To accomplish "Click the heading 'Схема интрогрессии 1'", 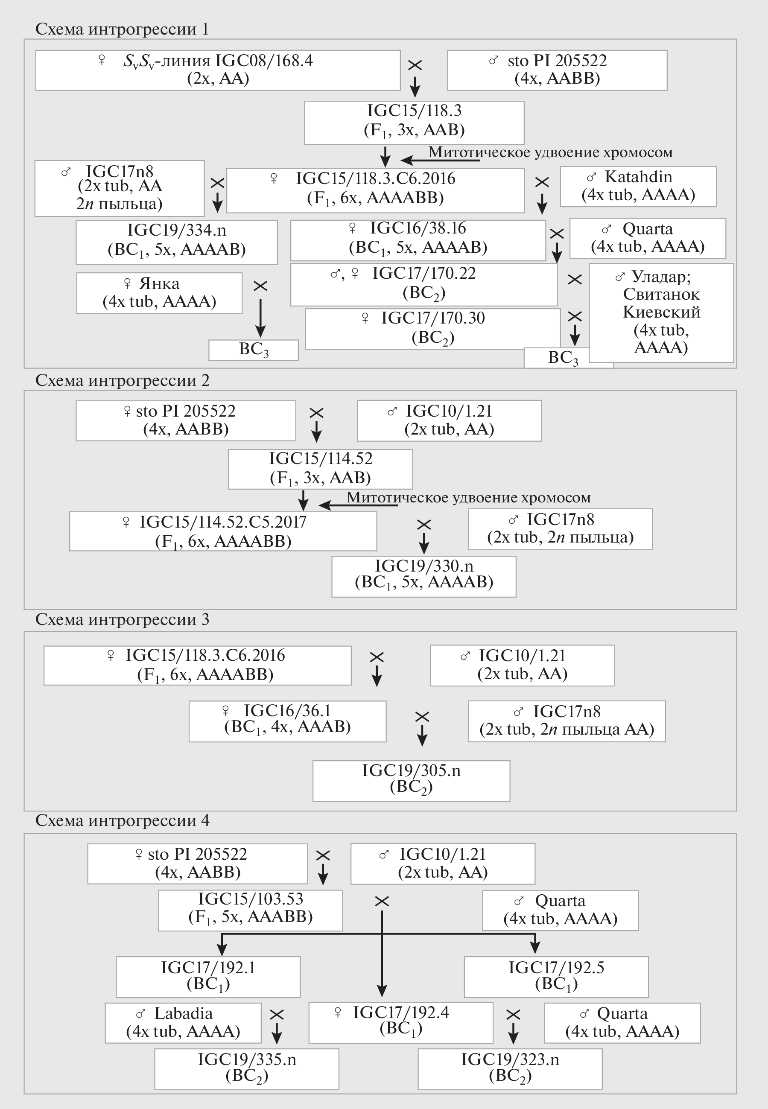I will coord(122,29).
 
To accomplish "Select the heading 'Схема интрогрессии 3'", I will coord(122,619).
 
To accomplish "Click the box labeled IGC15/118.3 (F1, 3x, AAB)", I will coord(414,122).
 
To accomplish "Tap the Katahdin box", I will coord(638,186).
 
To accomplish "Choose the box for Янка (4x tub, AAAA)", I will coord(159,293).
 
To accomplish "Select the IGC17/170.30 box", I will coord(432,329).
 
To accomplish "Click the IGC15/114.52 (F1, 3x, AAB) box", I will coord(320,469).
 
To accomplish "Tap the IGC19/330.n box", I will coord(423,576).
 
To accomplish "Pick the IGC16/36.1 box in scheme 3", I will coord(287,721).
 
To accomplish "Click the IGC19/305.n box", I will coord(411,780).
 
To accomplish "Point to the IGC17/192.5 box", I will coord(556,976).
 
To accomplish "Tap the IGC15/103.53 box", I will coord(250,909).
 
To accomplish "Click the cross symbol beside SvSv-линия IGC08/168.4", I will coord(415,65).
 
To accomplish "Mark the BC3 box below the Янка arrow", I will coord(253,350).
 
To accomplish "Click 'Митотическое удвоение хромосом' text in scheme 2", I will coord(468,497).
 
